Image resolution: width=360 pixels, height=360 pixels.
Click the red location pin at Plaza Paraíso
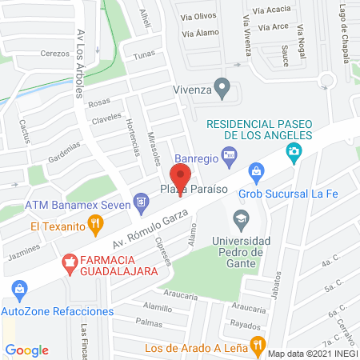click(x=181, y=176)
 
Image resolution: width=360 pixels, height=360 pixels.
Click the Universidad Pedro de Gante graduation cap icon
click(x=240, y=218)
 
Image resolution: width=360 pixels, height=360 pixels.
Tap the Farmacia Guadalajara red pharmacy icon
click(x=71, y=261)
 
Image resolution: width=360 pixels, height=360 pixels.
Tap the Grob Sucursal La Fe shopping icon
click(x=256, y=170)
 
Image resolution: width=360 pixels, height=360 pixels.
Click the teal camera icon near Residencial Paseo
click(x=295, y=150)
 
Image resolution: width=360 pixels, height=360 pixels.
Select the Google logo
click(x=26, y=350)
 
